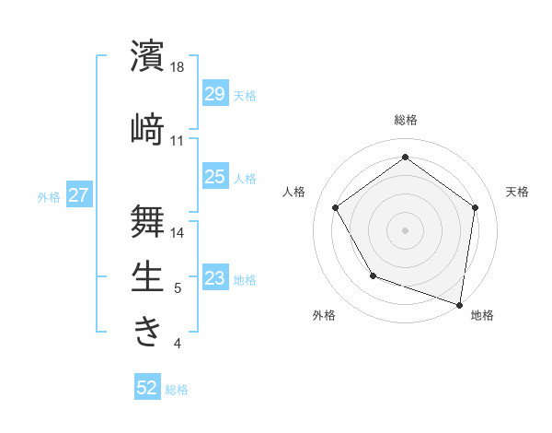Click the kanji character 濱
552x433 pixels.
coord(148,56)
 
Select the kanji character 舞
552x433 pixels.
coord(148,220)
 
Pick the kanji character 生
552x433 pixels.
coord(148,276)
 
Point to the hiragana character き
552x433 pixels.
coord(148,332)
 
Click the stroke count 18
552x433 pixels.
coord(178,68)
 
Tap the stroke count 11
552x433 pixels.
coord(178,141)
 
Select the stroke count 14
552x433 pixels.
coord(178,233)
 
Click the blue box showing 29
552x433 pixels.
coord(214,94)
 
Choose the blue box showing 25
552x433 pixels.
coord(214,177)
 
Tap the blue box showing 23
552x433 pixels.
coord(214,278)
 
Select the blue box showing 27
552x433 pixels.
coord(79,195)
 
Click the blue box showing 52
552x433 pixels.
coord(147,389)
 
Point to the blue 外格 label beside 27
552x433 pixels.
coord(49,196)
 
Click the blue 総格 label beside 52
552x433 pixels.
coord(177,390)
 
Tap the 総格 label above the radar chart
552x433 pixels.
coord(405,121)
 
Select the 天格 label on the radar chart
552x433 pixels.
coord(517,192)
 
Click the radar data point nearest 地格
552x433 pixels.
coord(460,304)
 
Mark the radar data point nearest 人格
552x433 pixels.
coord(335,207)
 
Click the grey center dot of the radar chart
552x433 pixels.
coord(405,229)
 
